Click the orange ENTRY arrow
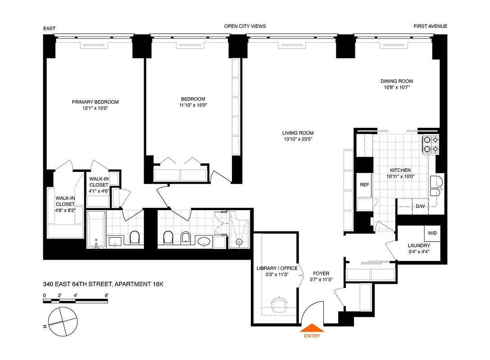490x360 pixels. (x=311, y=328)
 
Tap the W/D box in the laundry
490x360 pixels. (x=432, y=234)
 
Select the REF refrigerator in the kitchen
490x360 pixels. (x=364, y=185)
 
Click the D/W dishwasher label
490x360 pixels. (x=420, y=207)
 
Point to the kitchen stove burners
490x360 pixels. (x=430, y=144)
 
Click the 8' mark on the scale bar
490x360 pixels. (x=106, y=296)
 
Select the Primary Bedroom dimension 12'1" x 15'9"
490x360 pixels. (x=95, y=108)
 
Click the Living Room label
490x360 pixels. (x=298, y=133)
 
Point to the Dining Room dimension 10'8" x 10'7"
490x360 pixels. (x=396, y=88)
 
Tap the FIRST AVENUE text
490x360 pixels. (x=430, y=27)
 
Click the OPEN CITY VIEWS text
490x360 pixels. (x=245, y=27)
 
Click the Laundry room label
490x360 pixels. (x=418, y=245)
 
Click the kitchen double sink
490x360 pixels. (x=436, y=187)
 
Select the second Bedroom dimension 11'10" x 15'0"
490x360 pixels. (x=193, y=105)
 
